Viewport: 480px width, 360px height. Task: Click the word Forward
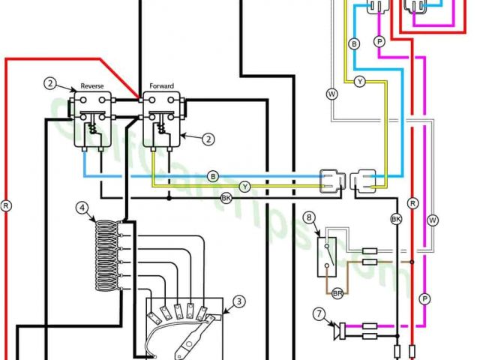coord(161,87)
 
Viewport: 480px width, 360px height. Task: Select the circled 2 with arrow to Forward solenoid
coord(209,138)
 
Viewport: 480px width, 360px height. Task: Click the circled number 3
coord(238,301)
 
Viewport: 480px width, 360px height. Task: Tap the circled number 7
coord(319,313)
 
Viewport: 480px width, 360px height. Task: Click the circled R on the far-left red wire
coord(7,203)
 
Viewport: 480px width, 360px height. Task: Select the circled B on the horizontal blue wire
coord(213,176)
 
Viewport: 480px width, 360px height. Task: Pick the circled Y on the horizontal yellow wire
coord(244,186)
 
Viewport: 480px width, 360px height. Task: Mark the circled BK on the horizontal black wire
coord(226,198)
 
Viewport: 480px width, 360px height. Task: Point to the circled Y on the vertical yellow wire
coord(360,81)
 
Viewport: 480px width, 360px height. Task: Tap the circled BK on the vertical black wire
coord(397,219)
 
